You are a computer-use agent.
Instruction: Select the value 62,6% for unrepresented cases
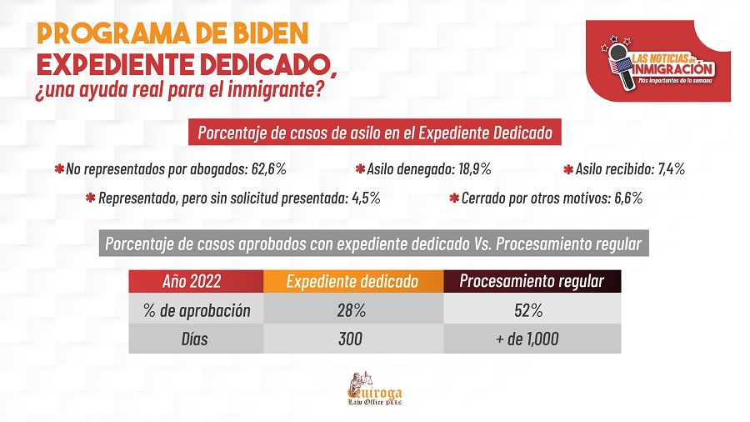coord(268,169)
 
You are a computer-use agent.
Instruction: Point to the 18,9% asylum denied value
coord(474,169)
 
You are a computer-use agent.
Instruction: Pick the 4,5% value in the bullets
coord(365,198)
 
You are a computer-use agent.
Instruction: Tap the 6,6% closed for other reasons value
coord(624,198)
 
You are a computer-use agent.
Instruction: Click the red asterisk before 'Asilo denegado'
coord(360,169)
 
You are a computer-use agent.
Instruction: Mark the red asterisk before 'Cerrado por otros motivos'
coord(455,198)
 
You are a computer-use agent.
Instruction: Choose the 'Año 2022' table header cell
coord(197,281)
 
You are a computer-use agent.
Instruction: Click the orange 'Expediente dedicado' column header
coord(352,281)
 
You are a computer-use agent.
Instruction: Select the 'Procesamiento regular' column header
coord(532,281)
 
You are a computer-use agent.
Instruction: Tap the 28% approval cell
coord(352,310)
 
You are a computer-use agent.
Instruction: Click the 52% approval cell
coord(531,310)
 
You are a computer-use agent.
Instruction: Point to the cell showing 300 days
coord(352,339)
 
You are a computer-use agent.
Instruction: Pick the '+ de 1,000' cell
coord(531,339)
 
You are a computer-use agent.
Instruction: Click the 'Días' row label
coord(197,339)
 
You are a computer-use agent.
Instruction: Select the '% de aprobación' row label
coord(197,310)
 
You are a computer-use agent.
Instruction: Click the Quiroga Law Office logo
coord(374,390)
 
